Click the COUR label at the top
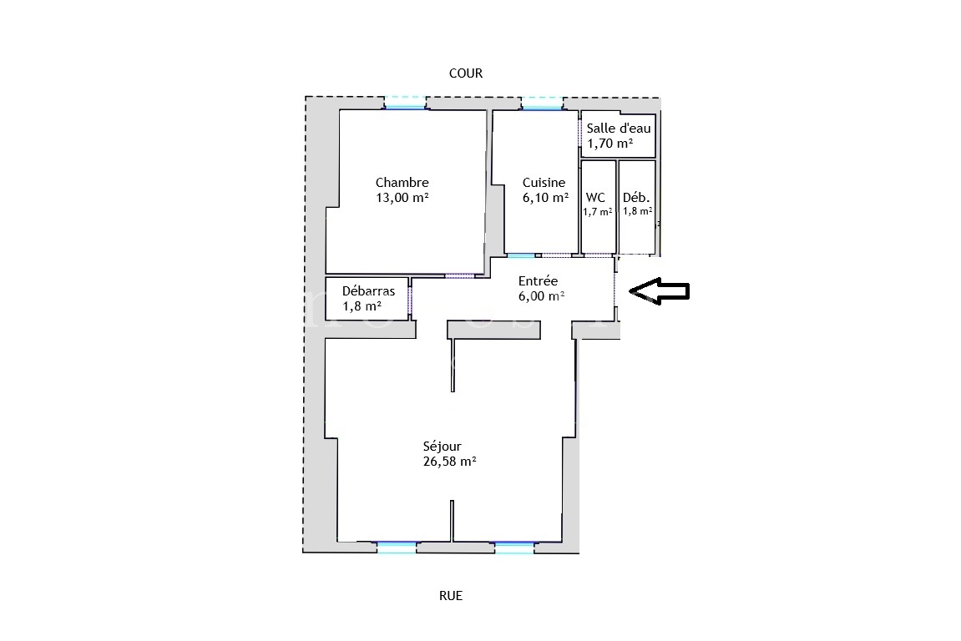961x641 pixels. [466, 73]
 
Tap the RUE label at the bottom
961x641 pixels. [451, 596]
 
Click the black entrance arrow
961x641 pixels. [659, 290]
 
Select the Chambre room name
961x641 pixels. [402, 183]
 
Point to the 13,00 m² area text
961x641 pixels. [402, 198]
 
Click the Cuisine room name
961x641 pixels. [544, 183]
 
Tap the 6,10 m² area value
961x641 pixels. [545, 198]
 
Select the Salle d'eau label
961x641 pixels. [618, 129]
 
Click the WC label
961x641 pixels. [596, 198]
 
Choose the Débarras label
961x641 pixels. [368, 291]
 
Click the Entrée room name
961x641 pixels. [538, 281]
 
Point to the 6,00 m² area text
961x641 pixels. [541, 296]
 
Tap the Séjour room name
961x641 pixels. [442, 447]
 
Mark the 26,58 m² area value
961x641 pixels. [449, 462]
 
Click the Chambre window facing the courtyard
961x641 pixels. [405, 103]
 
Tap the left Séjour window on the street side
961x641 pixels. [396, 547]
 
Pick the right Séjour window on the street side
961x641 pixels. [513, 547]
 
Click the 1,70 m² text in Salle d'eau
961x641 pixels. [609, 144]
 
